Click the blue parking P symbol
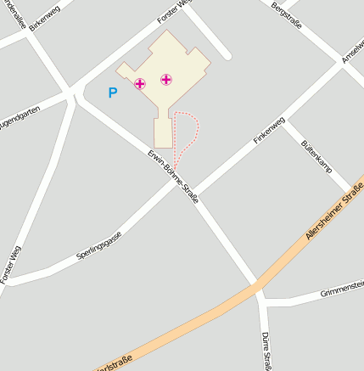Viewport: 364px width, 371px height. [113, 93]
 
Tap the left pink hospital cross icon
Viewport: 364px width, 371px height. [140, 83]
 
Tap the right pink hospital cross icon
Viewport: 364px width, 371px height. [166, 80]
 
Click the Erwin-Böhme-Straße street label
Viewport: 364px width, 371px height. [172, 175]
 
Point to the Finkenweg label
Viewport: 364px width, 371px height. [267, 131]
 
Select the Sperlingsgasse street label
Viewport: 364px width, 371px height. [99, 245]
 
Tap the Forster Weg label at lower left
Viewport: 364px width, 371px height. [10, 264]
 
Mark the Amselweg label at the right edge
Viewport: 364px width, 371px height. [351, 51]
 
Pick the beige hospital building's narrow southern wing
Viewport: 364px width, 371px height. [163, 132]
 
